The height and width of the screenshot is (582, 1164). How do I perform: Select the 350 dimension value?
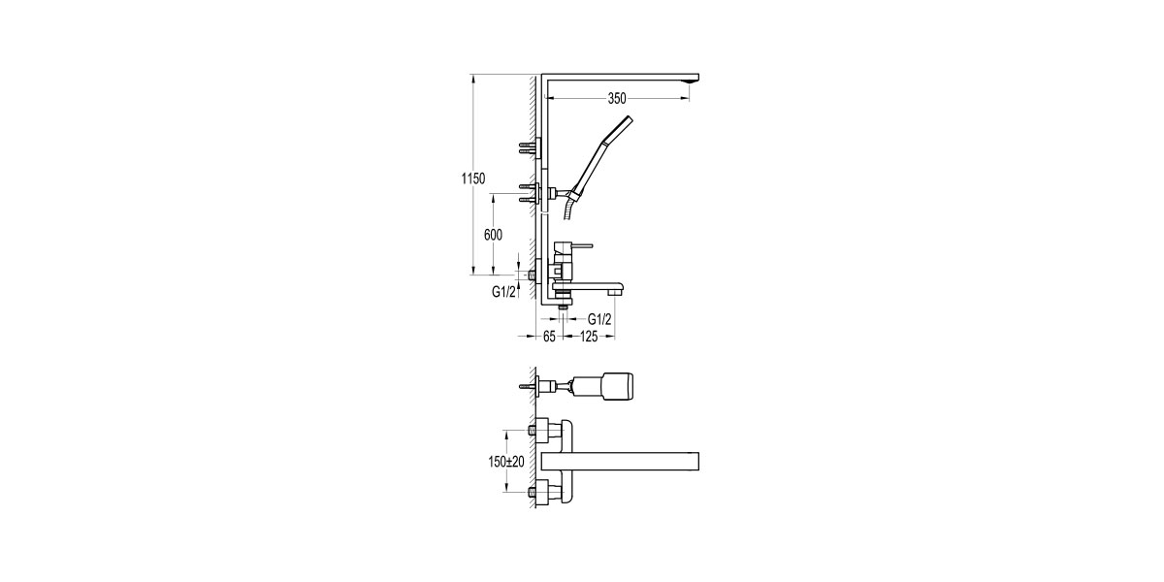coord(617,98)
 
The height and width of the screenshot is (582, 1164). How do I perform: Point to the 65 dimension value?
coord(548,337)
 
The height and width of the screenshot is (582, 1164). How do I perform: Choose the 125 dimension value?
coord(588,337)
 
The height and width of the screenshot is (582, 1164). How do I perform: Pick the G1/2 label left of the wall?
coord(502,291)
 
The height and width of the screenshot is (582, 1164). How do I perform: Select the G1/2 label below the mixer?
coord(599,317)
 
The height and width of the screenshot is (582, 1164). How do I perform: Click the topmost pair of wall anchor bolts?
coord(527,147)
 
